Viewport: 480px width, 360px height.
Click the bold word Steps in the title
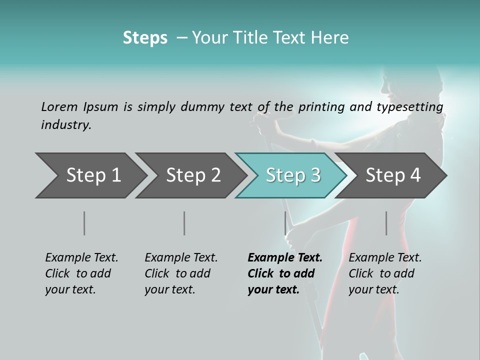[145, 38]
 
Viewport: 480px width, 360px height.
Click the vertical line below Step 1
[84, 223]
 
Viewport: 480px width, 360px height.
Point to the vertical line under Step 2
[184, 223]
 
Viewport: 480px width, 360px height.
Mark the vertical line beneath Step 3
[285, 223]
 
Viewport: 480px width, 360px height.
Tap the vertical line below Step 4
[386, 223]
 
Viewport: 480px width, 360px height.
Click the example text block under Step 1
[81, 273]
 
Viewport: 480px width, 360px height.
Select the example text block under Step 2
[181, 273]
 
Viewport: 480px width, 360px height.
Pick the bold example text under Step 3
[285, 273]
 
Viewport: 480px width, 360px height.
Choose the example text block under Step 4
[385, 273]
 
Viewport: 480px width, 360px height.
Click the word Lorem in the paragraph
[59, 106]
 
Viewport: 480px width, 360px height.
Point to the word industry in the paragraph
[66, 125]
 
